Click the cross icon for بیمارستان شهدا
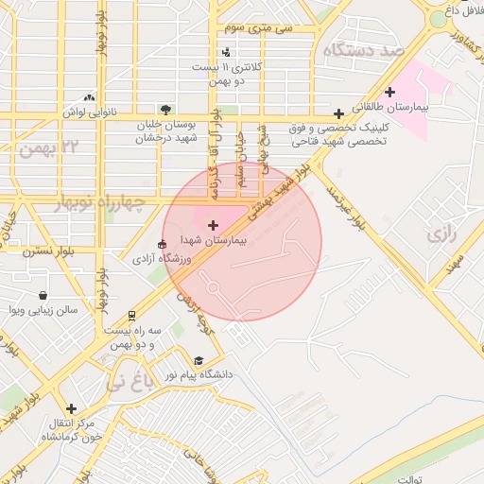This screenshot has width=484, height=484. click(212, 225)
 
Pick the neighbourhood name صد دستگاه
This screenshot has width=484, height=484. click(362, 49)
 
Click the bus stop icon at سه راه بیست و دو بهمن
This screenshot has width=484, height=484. click(132, 315)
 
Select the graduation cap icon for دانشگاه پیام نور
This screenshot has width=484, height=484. click(199, 360)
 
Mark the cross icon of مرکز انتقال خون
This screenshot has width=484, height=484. click(71, 408)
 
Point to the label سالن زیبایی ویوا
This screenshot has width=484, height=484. click(42, 309)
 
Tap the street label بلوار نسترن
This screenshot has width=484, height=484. click(49, 252)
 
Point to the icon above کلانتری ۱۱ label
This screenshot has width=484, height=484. click(225, 53)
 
